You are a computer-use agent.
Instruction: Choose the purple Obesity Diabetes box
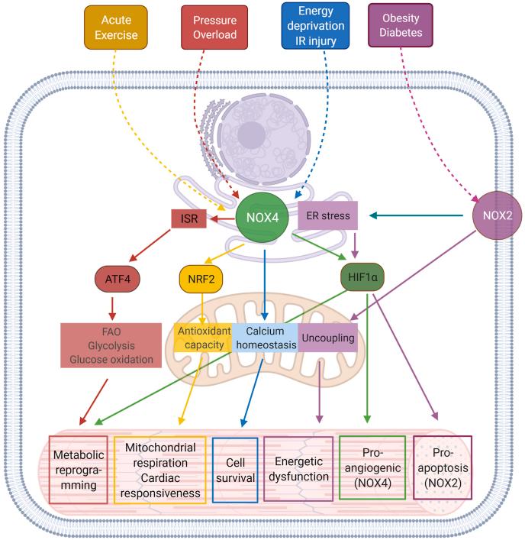[x=400, y=27]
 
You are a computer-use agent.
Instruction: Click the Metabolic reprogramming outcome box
[x=78, y=469]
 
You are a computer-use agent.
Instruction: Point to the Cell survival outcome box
[x=235, y=469]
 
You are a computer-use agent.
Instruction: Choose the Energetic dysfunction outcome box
[x=298, y=469]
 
